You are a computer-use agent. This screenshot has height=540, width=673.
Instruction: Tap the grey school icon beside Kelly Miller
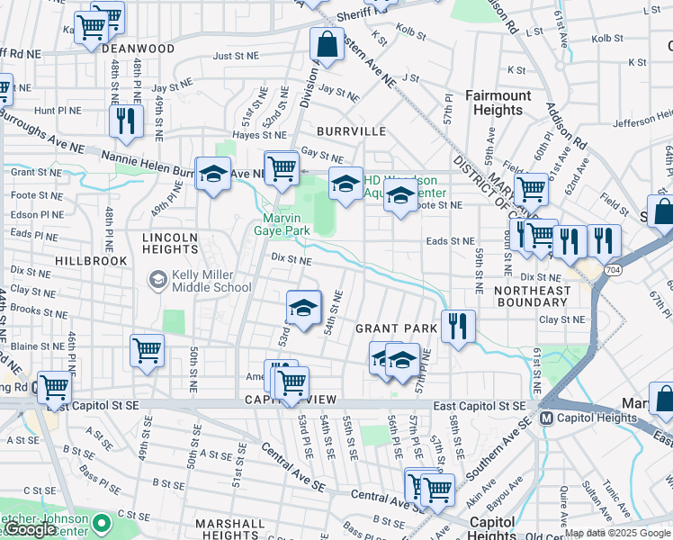158,280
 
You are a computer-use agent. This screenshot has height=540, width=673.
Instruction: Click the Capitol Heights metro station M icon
545,418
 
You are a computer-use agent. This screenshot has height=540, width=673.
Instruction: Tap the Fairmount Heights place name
498,103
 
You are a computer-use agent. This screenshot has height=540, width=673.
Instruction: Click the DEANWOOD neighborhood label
143,49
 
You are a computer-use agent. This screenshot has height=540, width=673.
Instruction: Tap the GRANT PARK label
396,328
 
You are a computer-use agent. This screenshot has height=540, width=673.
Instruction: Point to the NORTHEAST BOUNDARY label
532,297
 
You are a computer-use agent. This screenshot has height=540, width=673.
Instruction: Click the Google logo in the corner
30,529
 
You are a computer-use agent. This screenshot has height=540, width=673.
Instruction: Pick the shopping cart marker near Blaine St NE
147,350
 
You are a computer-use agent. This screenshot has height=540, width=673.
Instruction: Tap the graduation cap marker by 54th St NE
304,308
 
